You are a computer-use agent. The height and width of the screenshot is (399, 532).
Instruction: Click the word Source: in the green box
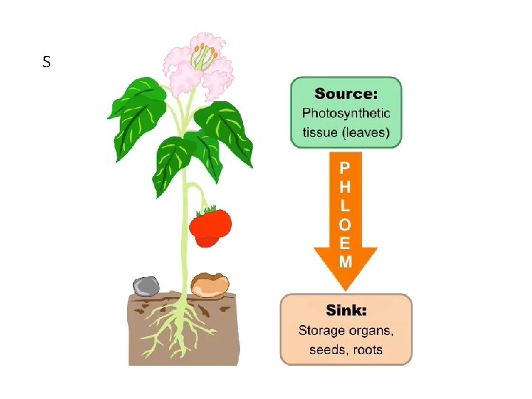coord(346,94)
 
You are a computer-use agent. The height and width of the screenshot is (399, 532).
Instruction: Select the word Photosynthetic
coord(346,114)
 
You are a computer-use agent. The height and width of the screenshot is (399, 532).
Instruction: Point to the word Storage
coord(321,330)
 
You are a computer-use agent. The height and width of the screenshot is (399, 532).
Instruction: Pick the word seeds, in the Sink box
coord(328,349)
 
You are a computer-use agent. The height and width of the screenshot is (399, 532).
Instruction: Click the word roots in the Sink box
coord(368,349)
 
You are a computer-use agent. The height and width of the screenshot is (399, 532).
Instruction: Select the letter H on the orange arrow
coord(345,187)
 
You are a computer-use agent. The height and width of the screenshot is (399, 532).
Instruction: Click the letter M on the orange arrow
coord(345,261)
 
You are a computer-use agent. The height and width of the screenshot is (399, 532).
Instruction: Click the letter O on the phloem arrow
coord(345,224)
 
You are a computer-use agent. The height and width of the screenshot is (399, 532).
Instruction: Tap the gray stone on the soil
coord(146,286)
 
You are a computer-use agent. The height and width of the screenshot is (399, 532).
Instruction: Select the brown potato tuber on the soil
coord(210,284)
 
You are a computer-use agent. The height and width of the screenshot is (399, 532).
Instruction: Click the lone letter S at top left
coord(47,63)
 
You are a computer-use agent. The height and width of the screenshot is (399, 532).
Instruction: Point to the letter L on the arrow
coord(345,205)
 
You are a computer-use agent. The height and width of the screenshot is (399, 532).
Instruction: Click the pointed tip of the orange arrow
coord(345,287)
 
